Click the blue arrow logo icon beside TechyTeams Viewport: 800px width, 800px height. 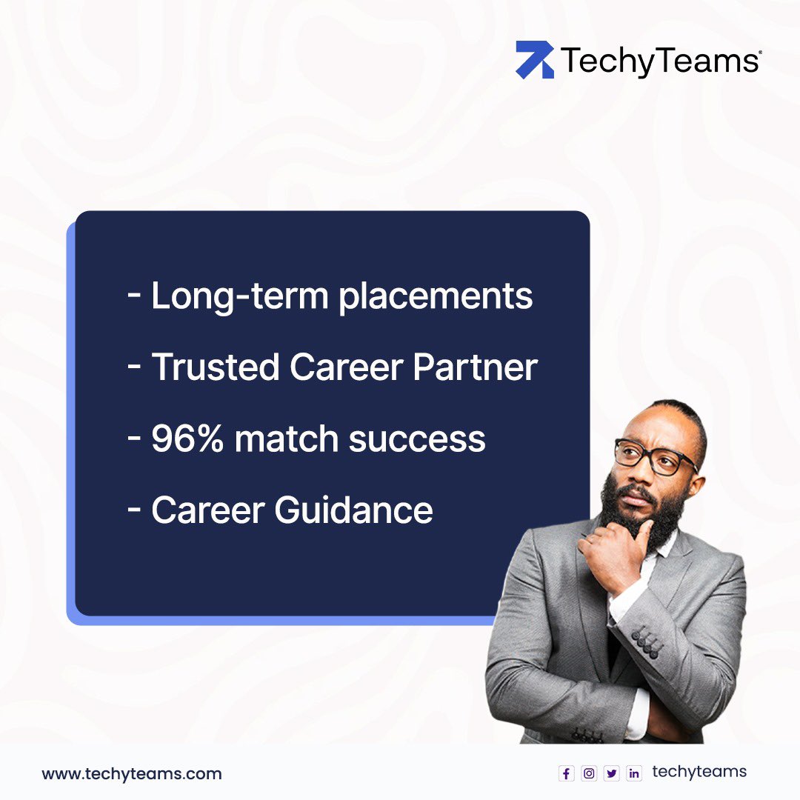[535, 60]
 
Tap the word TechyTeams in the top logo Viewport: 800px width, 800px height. [659, 61]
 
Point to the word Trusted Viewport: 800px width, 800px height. [215, 367]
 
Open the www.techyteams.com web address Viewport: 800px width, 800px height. [131, 774]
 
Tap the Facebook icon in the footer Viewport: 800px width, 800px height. [567, 773]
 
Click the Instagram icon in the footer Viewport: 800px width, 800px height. [589, 773]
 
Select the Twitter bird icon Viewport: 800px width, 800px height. [611, 773]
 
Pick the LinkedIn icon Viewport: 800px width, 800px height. [634, 773]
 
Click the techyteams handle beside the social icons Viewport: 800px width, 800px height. [699, 772]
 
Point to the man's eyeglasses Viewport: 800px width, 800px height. [655, 455]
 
